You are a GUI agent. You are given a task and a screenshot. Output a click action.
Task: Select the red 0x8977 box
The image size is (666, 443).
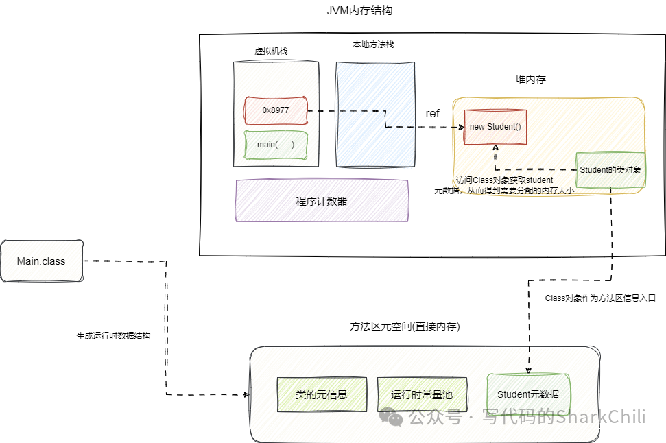tap(276, 110)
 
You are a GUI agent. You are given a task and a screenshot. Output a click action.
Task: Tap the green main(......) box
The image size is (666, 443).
tap(276, 145)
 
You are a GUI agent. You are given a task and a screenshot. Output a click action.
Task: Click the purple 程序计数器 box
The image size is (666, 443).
tap(322, 201)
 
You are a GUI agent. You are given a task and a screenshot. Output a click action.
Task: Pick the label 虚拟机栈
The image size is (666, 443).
tap(271, 51)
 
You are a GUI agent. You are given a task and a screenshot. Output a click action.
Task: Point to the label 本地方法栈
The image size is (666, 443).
tap(373, 45)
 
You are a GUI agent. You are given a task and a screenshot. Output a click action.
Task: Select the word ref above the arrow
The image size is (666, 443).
tap(432, 114)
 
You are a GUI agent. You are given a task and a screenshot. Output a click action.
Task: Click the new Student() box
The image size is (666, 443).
tap(495, 127)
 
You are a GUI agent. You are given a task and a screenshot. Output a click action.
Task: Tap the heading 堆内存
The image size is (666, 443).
tap(530, 80)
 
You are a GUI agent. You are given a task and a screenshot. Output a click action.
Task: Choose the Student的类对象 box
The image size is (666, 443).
tap(610, 170)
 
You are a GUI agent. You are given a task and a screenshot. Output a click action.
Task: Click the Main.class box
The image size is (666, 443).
tap(41, 261)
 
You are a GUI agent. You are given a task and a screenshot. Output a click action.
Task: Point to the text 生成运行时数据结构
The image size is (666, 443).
tap(113, 337)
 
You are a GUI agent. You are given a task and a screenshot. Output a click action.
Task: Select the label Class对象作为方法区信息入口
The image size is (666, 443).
tap(600, 298)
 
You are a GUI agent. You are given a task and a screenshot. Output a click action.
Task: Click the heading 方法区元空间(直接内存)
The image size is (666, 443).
tap(405, 327)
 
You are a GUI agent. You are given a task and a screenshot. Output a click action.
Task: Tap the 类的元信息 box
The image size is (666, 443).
tap(321, 395)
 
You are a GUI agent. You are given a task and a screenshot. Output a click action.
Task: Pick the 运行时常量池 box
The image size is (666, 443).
tap(422, 395)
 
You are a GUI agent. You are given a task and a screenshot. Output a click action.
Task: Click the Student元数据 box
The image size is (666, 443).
tap(528, 394)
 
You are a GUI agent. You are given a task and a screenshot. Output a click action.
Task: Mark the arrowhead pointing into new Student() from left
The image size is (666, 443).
tap(460, 127)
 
